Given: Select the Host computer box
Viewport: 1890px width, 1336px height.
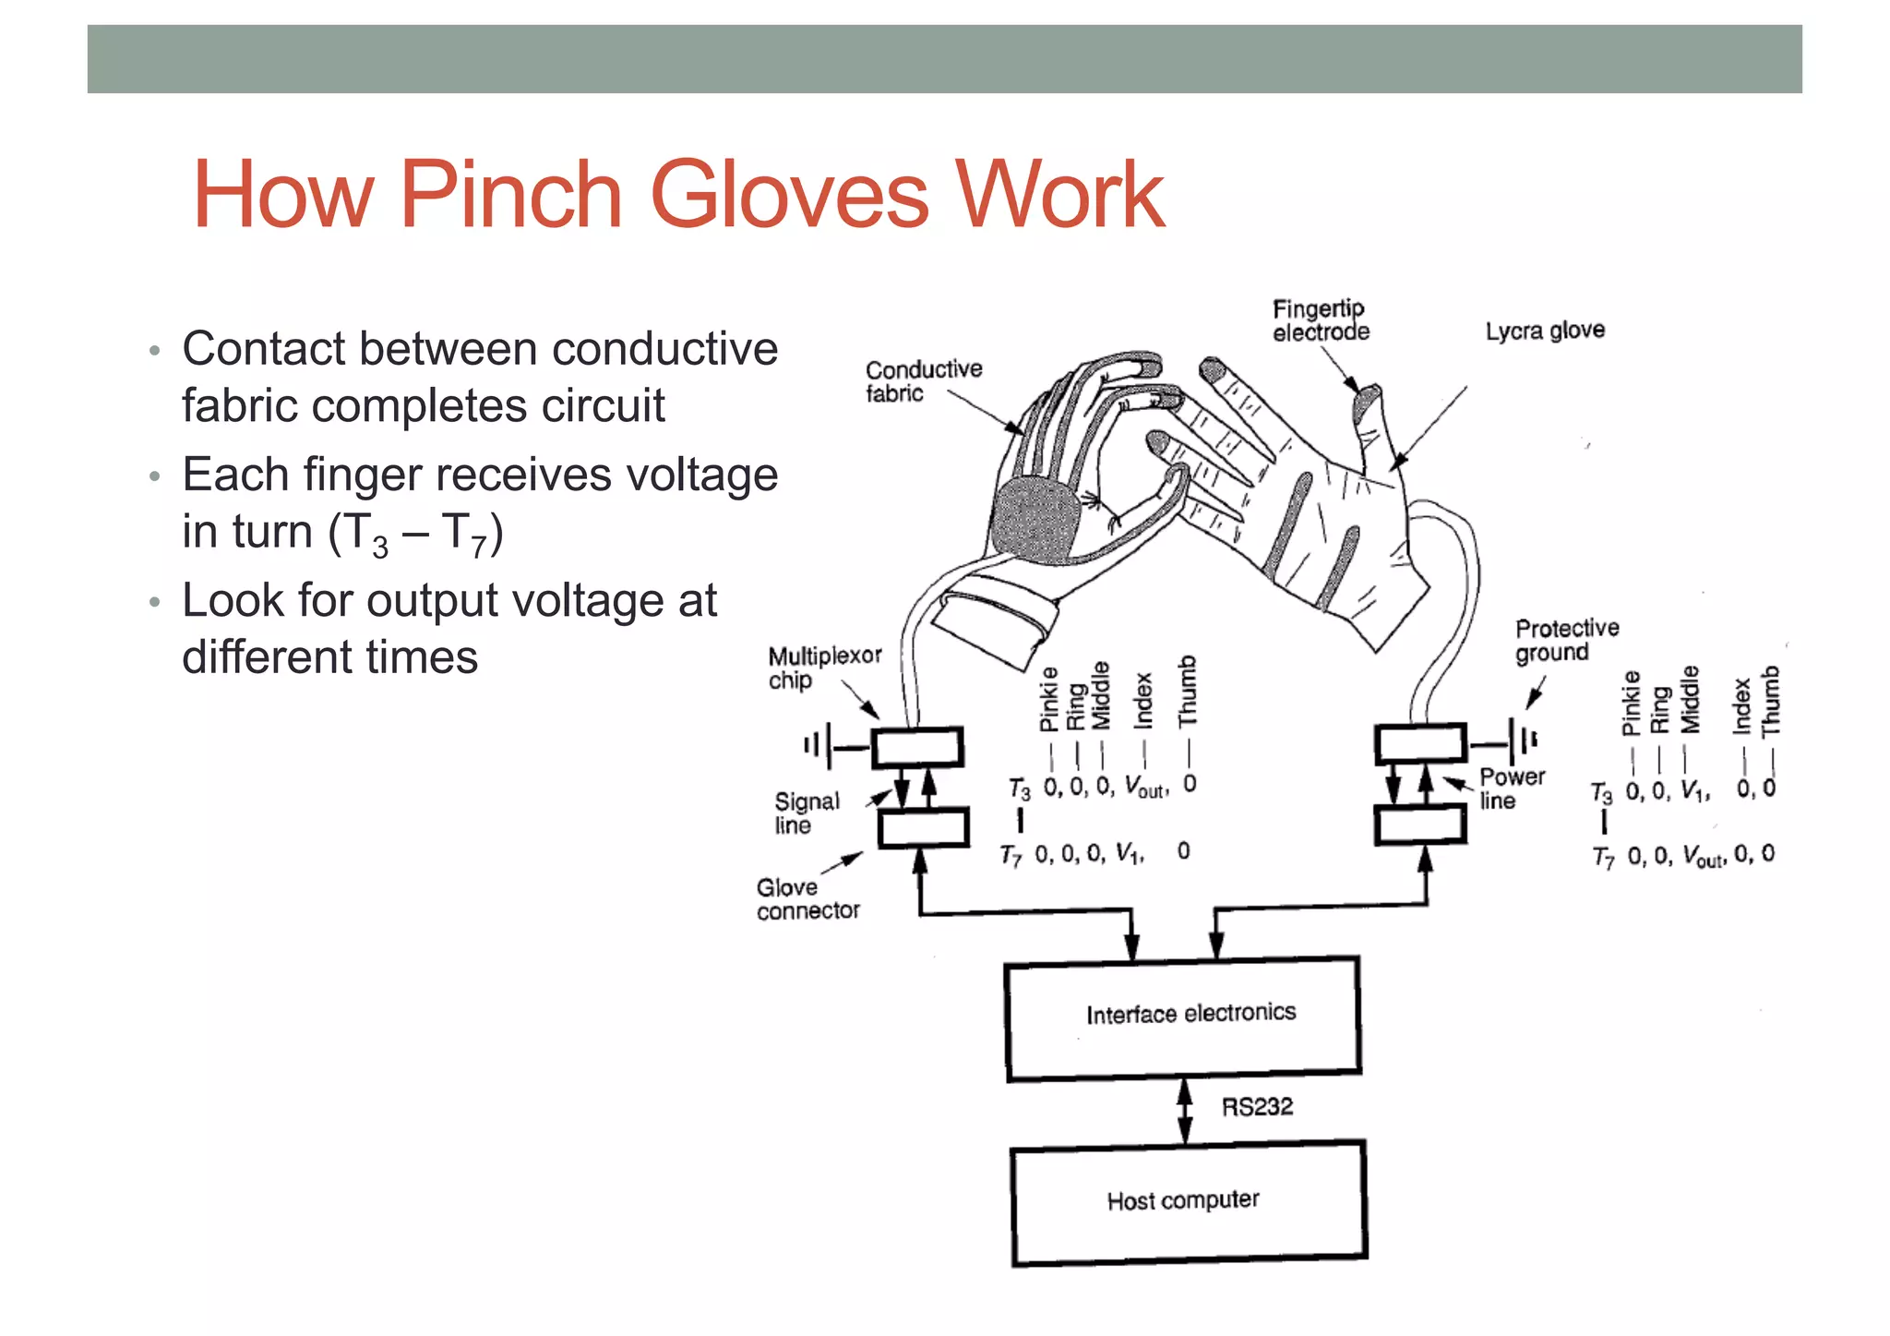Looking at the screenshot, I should coord(1189,1202).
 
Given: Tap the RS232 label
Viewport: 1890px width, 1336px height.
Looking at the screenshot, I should coord(1257,1106).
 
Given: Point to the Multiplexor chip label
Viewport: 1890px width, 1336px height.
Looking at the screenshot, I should coord(823,668).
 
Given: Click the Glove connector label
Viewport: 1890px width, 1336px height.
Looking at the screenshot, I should coord(807,899).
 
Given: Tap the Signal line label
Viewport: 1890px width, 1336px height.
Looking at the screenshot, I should coord(807,812).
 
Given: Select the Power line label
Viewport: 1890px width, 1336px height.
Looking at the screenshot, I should coord(1511,788).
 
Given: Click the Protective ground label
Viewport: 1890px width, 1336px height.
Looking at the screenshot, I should coord(1566,640).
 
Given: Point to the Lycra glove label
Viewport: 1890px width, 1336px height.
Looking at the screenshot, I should coord(1544,331).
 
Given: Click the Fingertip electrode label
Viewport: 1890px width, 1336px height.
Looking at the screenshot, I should coord(1320,320).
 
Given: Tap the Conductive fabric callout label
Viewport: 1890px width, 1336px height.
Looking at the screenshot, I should coord(922,381).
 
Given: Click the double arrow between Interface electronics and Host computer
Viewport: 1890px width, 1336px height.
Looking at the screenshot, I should coord(1185,1111).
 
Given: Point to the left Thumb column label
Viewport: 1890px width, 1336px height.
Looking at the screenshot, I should coord(1187,691).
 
